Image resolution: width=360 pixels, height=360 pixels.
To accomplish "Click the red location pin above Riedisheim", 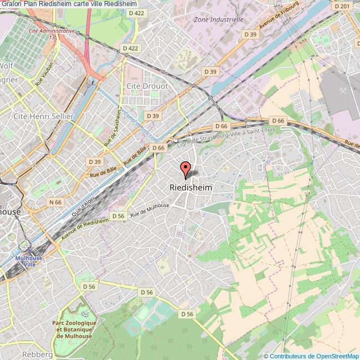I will tap(186, 168).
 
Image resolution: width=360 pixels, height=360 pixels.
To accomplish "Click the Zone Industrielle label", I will tap(219, 19).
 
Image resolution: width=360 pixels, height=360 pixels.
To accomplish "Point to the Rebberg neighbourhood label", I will tap(38, 354).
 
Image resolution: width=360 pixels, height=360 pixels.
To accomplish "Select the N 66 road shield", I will tap(55, 203).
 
